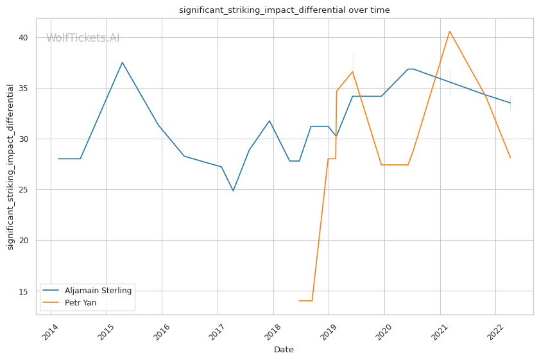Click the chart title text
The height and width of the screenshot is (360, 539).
click(284, 10)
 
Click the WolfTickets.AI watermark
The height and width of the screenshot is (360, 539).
click(83, 39)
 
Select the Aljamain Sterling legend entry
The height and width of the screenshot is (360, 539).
click(98, 291)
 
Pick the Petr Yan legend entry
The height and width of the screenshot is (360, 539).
click(80, 303)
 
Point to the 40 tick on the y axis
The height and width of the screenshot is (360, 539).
click(23, 38)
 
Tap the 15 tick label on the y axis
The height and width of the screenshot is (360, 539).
click(23, 291)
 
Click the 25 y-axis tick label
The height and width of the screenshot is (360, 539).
click(23, 190)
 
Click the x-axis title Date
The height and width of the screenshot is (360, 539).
click(284, 350)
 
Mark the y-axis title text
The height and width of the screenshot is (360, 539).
click(11, 167)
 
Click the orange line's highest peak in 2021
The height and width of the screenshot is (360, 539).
click(449, 31)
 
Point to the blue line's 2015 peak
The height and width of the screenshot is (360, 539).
click(122, 62)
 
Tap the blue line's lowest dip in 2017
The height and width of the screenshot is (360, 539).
click(233, 191)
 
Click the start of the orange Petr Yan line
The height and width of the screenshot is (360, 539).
click(299, 300)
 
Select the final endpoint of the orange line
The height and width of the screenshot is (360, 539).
click(510, 158)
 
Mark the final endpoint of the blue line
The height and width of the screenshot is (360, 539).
click(510, 103)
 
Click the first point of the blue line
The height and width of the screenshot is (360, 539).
click(58, 159)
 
